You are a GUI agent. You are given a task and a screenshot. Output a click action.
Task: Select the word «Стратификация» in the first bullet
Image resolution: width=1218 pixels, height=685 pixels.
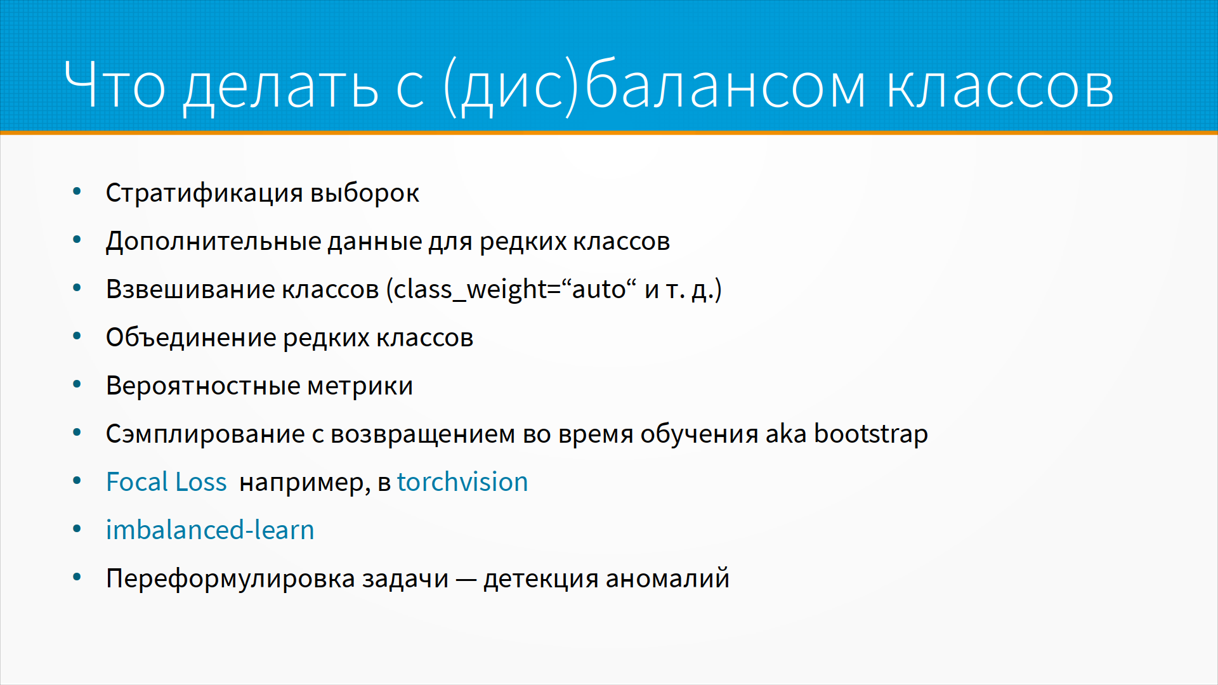click(204, 193)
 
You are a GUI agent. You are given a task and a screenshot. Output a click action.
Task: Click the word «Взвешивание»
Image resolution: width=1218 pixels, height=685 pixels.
click(190, 290)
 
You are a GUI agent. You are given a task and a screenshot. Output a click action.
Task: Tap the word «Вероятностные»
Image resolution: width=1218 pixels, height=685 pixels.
click(203, 386)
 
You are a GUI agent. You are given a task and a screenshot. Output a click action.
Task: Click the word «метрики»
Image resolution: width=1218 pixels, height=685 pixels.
click(360, 386)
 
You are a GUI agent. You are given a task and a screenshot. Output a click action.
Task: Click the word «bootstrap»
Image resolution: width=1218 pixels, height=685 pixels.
click(871, 434)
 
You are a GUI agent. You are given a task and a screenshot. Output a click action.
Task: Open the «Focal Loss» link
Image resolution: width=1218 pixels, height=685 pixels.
click(166, 482)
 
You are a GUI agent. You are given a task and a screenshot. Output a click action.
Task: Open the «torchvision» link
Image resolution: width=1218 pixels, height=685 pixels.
click(462, 482)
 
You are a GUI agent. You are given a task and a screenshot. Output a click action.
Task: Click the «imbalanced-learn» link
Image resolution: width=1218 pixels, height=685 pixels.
click(210, 530)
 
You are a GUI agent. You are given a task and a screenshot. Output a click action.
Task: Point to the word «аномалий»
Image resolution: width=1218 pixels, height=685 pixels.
click(667, 578)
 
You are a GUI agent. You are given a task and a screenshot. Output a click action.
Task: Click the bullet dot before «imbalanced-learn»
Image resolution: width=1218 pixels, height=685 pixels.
click(77, 528)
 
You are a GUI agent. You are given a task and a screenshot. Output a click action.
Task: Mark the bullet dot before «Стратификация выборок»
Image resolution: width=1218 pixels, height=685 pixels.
click(77, 191)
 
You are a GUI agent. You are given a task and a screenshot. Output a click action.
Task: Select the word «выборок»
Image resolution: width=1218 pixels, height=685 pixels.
click(365, 193)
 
